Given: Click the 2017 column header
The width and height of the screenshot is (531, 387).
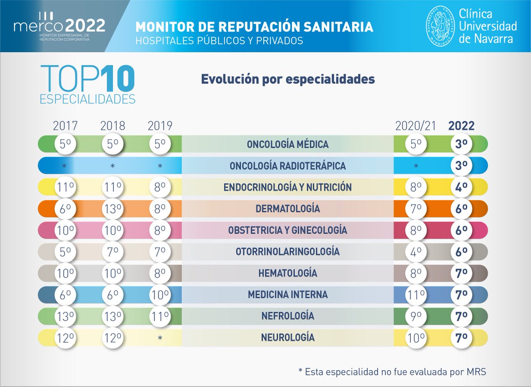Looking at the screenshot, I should pyautogui.click(x=65, y=126).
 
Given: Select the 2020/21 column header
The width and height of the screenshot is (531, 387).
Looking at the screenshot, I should pyautogui.click(x=416, y=126).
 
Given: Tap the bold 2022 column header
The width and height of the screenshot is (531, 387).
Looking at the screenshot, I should pyautogui.click(x=461, y=126).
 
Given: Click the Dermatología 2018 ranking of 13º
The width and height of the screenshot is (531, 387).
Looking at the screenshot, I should pyautogui.click(x=112, y=209).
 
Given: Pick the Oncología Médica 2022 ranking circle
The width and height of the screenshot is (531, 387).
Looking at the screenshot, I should pyautogui.click(x=462, y=144).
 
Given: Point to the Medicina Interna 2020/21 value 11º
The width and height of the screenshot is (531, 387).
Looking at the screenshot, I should pyautogui.click(x=416, y=294).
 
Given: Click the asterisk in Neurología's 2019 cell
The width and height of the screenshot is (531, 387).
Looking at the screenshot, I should pyautogui.click(x=160, y=338).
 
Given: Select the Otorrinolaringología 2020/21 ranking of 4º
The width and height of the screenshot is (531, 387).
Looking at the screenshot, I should pyautogui.click(x=416, y=252).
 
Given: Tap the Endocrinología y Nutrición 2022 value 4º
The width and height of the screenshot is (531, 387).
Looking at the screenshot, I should pyautogui.click(x=462, y=187).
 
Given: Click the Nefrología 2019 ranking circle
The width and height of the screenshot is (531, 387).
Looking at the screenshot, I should pyautogui.click(x=160, y=316).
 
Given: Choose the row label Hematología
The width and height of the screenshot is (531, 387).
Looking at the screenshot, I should pyautogui.click(x=288, y=273).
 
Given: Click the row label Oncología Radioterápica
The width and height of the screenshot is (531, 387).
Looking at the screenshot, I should pyautogui.click(x=288, y=166).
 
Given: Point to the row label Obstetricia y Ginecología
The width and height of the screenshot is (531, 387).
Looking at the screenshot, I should pyautogui.click(x=288, y=230).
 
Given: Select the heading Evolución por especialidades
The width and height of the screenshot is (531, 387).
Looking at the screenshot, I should pyautogui.click(x=288, y=79).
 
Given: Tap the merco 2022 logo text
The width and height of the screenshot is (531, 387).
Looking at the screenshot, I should pyautogui.click(x=59, y=26).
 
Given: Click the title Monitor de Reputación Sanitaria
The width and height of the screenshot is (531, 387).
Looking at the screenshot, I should pyautogui.click(x=254, y=27).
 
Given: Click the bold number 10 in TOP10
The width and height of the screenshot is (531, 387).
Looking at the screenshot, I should pyautogui.click(x=116, y=79).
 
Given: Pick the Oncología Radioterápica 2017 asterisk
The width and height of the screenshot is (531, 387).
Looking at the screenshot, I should pyautogui.click(x=65, y=166).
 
